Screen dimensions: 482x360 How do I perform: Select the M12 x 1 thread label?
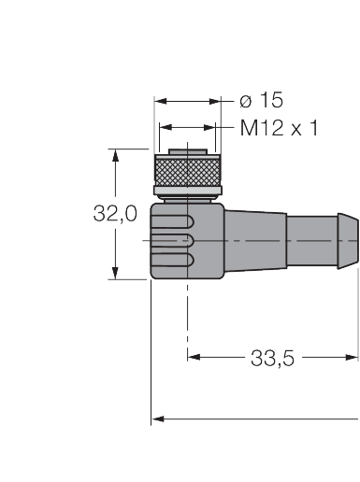pyautogui.click(x=279, y=128)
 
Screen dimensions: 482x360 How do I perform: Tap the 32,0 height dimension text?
pyautogui.click(x=115, y=214)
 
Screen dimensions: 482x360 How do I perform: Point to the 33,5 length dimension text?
pyautogui.click(x=272, y=357)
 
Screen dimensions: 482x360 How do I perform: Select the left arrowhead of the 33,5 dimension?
pyautogui.click(x=194, y=355)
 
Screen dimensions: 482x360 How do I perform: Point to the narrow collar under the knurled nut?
pyautogui.click(x=188, y=196)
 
